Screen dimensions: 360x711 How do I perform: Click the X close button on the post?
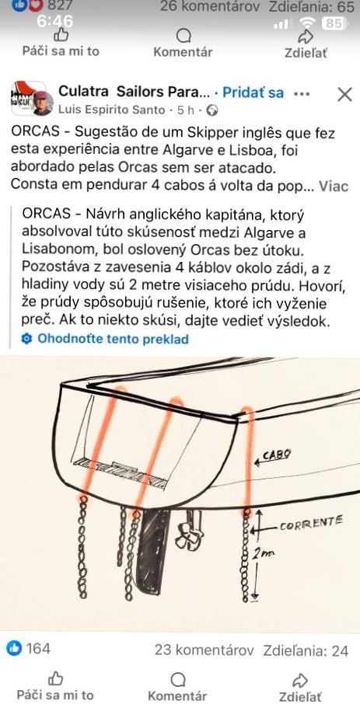pos(344,94)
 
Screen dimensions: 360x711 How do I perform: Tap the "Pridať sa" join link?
pos(253,93)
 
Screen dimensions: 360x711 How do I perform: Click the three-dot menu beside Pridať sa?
pos(302,94)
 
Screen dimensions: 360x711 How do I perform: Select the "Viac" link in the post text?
pos(334,186)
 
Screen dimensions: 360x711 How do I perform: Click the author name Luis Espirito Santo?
pos(111,110)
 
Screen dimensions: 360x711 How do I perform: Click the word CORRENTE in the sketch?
pos(312,525)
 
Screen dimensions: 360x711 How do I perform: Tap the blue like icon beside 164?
pos(14,650)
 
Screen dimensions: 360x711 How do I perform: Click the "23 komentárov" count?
pos(204,650)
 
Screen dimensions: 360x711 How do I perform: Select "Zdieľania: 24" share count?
pos(306,650)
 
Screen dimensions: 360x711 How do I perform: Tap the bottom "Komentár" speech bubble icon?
pos(177,679)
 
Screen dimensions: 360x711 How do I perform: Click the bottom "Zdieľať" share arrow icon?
pos(300,679)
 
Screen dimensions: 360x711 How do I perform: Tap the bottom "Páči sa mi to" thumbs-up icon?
pos(55,678)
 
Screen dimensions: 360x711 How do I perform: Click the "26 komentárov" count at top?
pos(210,7)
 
